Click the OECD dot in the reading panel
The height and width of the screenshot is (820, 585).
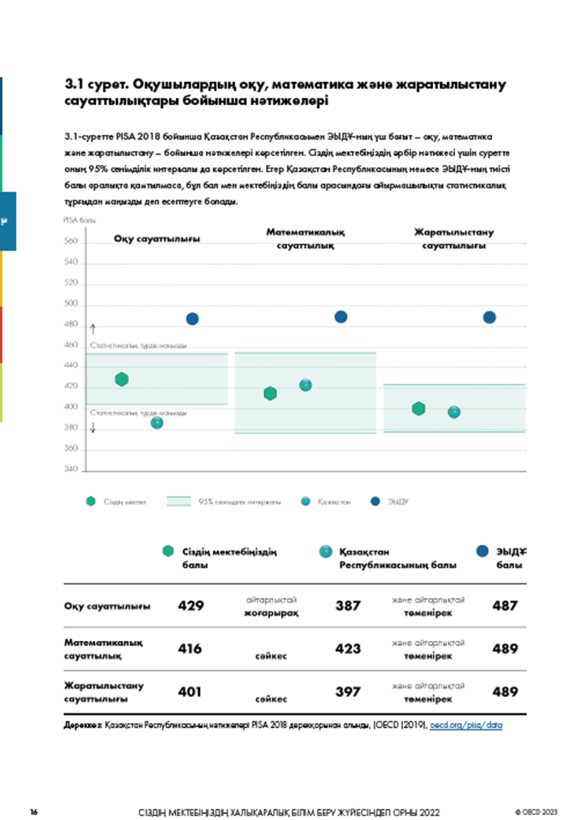192,319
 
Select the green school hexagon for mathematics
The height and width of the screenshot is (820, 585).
270,394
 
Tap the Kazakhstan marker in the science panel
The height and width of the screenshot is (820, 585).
454,412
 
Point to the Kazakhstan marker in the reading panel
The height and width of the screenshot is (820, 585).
157,423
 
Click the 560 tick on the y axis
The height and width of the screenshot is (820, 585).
71,241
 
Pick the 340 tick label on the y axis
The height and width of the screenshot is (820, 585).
71,469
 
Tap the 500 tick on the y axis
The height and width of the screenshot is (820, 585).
71,303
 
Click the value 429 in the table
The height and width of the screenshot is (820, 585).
191,606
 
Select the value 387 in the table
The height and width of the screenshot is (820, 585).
348,606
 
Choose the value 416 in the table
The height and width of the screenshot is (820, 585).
190,649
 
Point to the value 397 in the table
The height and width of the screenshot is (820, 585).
348,692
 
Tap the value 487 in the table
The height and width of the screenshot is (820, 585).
505,606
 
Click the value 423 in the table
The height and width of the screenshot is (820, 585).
348,649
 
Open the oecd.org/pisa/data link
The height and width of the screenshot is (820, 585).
466,725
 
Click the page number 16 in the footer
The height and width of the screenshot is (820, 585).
34,812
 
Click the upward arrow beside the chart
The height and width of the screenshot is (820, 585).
93,329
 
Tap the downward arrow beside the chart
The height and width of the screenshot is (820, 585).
93,428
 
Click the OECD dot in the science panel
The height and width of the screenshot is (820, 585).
489,318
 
